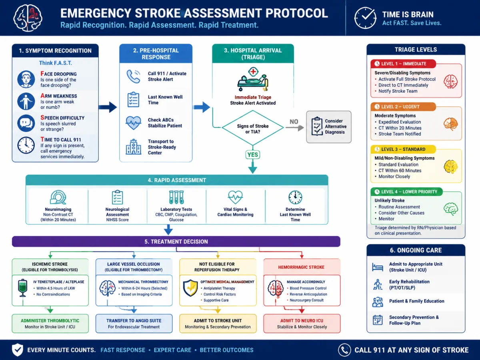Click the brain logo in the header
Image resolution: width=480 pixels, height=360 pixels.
(28, 18)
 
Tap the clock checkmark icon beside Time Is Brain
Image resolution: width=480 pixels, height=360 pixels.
(366, 18)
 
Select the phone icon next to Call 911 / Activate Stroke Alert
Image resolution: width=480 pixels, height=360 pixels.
(133, 76)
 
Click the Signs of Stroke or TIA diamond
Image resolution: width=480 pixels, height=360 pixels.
(252, 128)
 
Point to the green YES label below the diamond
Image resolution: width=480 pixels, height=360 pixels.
(252, 155)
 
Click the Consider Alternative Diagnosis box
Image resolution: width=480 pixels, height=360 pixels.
(329, 127)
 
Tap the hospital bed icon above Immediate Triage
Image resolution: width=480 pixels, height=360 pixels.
(253, 79)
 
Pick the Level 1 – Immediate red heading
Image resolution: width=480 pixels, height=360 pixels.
(403, 64)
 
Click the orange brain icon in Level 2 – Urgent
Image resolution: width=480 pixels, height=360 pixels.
(451, 124)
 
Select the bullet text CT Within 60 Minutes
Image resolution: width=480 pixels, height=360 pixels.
(400, 170)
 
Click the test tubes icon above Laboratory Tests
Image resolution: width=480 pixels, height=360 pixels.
(176, 197)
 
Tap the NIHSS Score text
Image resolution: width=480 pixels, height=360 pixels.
(117, 220)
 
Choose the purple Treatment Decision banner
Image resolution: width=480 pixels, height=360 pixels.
(176, 242)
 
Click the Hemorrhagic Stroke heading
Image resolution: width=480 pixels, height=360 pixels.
(301, 267)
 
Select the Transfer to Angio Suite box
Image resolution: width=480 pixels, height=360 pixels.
(134, 324)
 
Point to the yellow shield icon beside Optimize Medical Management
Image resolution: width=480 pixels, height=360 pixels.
(190, 288)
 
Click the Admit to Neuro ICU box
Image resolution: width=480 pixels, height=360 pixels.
(302, 324)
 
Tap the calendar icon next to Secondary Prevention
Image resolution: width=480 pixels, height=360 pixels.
(378, 320)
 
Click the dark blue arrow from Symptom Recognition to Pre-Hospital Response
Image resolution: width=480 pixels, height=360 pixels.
(108, 107)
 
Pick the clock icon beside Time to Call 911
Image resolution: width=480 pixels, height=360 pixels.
(26, 145)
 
